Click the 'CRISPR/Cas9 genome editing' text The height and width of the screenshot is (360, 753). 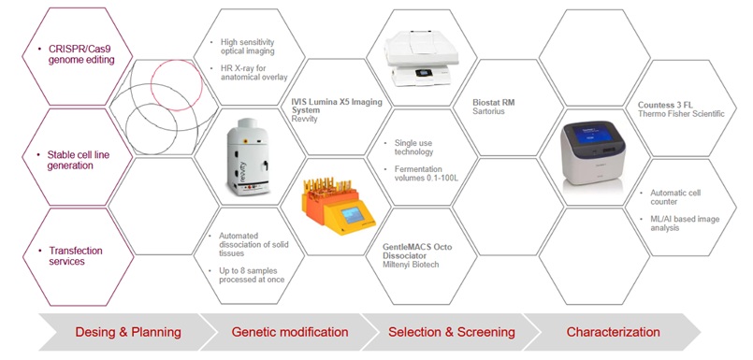click(81, 54)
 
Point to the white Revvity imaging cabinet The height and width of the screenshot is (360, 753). click(248, 157)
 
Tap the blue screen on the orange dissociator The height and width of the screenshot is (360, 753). click(352, 214)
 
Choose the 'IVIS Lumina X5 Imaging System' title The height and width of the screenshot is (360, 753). click(337, 106)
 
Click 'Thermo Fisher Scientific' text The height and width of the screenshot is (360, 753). click(681, 114)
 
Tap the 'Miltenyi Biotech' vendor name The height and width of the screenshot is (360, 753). click(411, 265)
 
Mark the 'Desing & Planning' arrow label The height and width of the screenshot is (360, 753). click(128, 332)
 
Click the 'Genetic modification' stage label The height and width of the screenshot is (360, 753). click(290, 332)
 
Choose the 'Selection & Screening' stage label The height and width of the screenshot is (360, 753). click(452, 332)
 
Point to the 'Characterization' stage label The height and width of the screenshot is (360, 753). click(614, 332)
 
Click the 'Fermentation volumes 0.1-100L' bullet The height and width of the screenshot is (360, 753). click(424, 173)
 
